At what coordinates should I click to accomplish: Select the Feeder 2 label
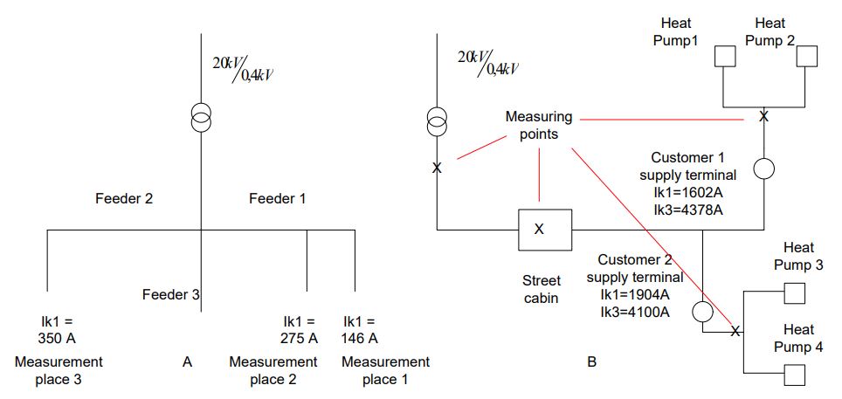click(x=124, y=199)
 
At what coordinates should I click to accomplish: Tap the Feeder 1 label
click(x=278, y=199)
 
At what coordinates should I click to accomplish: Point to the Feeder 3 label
click(x=171, y=295)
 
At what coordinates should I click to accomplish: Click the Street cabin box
click(x=539, y=230)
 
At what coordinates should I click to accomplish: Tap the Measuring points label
click(x=539, y=125)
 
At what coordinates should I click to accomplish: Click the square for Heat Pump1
click(x=726, y=57)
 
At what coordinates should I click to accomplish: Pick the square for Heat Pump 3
click(x=794, y=292)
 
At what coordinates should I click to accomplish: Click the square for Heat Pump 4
click(x=794, y=375)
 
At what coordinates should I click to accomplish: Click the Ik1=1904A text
click(x=634, y=293)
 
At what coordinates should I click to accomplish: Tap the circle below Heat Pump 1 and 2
click(x=764, y=169)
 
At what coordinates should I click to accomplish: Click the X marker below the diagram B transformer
click(x=437, y=167)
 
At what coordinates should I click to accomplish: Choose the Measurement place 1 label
click(x=385, y=370)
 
